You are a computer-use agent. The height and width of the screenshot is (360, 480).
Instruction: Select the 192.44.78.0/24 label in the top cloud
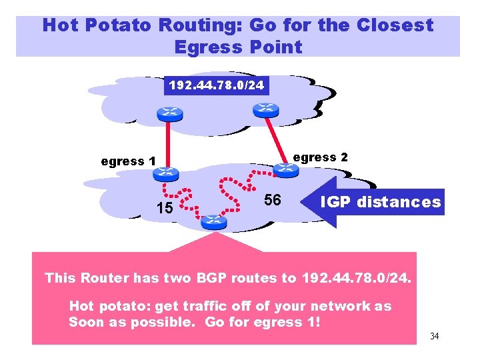(x=216, y=85)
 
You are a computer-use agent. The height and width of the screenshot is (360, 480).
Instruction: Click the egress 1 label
(x=128, y=161)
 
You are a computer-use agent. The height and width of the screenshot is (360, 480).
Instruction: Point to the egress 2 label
(x=320, y=157)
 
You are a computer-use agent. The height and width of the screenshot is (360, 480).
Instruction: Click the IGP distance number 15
(x=164, y=208)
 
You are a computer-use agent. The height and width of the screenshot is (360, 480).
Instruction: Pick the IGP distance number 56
(x=272, y=201)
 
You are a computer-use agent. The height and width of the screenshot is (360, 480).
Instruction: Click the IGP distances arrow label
(x=381, y=201)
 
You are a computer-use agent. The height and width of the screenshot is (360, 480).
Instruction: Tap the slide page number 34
(x=435, y=335)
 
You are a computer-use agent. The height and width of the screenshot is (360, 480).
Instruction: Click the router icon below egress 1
(x=164, y=174)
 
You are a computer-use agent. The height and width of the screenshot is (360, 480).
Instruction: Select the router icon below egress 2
(x=286, y=169)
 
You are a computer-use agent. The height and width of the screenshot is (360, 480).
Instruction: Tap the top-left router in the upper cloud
(x=169, y=113)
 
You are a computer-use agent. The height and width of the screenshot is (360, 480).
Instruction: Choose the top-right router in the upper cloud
(x=267, y=108)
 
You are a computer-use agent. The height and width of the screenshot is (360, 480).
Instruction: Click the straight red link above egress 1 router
(x=167, y=143)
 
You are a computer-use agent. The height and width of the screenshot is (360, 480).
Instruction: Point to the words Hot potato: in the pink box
(x=109, y=306)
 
